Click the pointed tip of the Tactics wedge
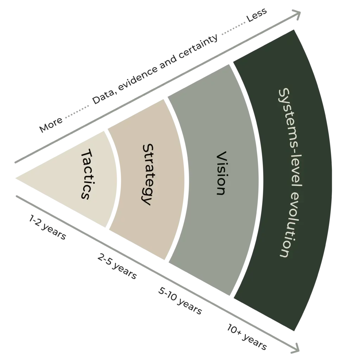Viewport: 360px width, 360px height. pos(16,177)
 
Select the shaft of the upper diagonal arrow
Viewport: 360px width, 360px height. pos(155,89)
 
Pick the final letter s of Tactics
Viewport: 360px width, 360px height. pos(85,195)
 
